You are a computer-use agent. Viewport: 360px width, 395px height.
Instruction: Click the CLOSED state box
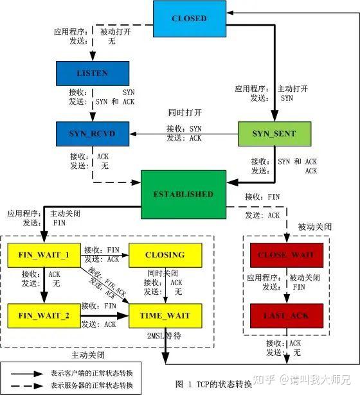click(189, 19)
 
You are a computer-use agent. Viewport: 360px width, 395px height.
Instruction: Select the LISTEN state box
click(93, 74)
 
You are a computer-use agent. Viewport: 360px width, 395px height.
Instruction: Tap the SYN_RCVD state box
click(93, 134)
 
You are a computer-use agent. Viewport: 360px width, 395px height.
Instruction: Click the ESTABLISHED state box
click(183, 194)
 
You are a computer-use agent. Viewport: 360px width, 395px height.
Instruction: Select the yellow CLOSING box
click(165, 255)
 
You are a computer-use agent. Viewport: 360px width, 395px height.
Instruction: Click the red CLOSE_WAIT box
click(285, 255)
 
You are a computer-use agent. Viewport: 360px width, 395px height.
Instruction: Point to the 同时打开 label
click(182, 112)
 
